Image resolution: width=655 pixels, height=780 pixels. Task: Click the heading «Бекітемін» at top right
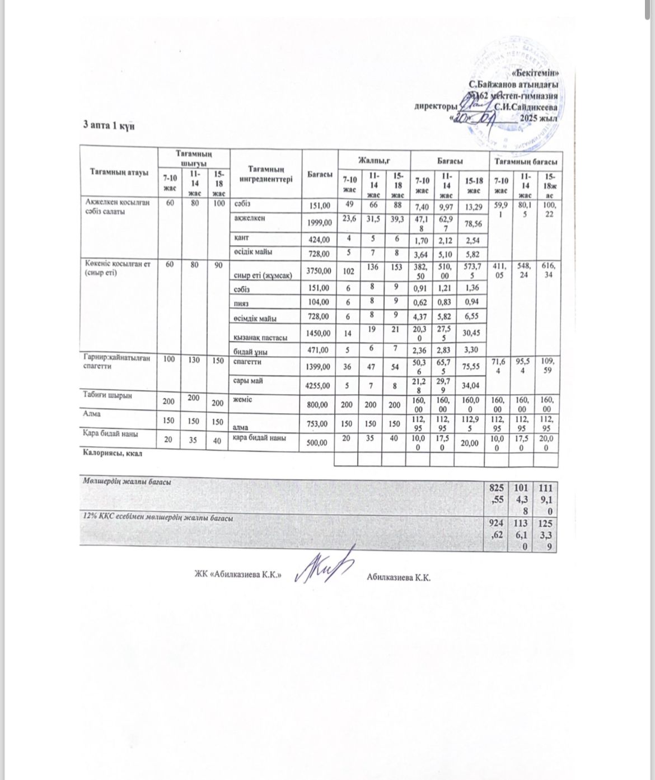pos(535,73)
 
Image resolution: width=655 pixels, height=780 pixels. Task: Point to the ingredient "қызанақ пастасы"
pos(261,338)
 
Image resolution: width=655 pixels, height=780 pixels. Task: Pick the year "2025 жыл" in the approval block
pos(539,118)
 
